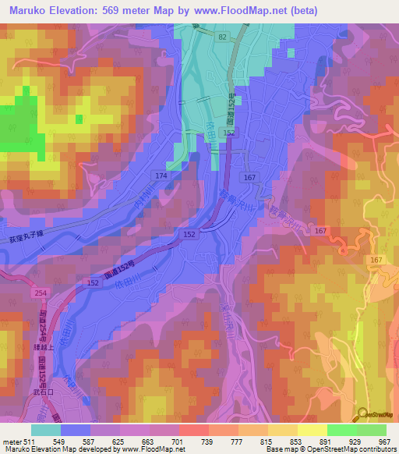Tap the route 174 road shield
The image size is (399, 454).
[x=161, y=176]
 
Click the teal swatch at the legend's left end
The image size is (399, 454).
[x=46, y=430]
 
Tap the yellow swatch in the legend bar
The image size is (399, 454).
[x=312, y=430]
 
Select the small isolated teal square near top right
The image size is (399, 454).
[x=291, y=53]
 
